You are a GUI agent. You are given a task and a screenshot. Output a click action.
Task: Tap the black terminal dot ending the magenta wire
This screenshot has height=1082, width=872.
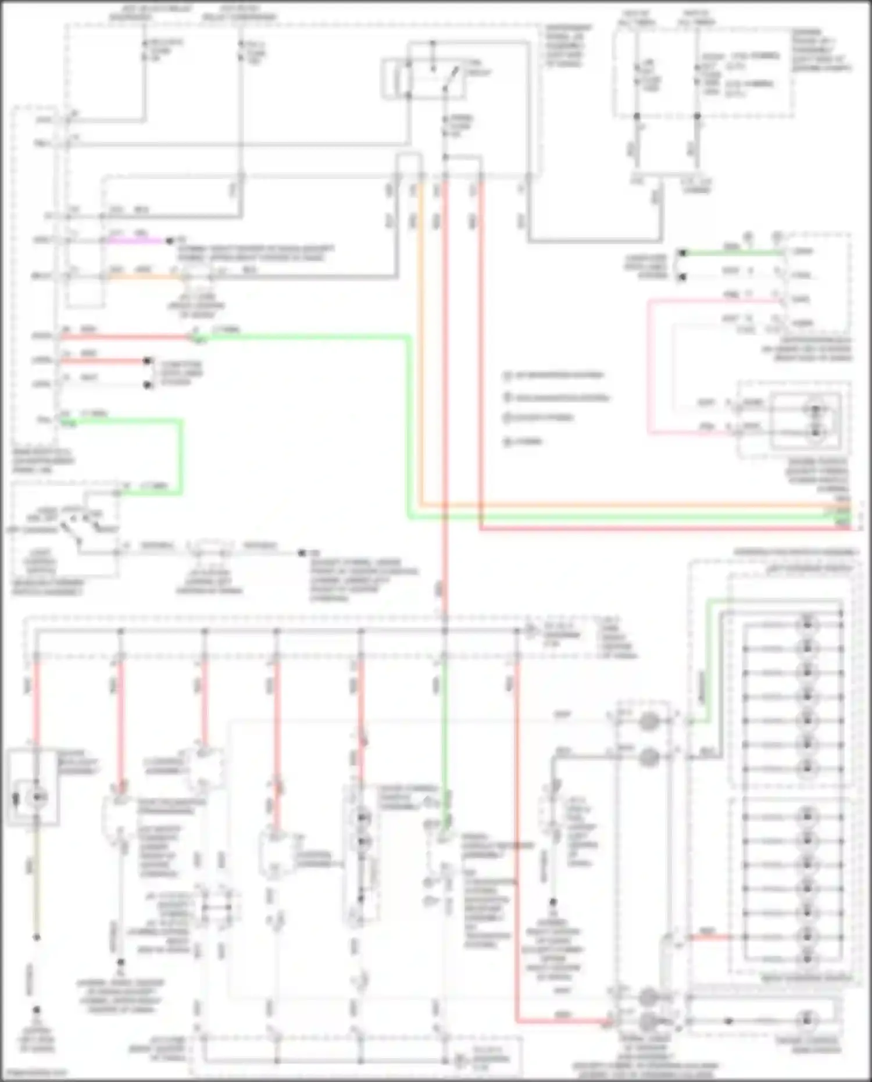pos(170,240)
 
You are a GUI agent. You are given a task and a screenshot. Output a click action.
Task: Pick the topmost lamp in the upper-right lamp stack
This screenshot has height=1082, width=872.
pos(807,624)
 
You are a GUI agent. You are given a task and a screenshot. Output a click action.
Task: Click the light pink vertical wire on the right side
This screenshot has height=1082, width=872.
pos(649,366)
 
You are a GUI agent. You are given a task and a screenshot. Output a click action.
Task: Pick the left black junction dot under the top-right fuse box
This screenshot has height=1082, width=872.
pos(637,116)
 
